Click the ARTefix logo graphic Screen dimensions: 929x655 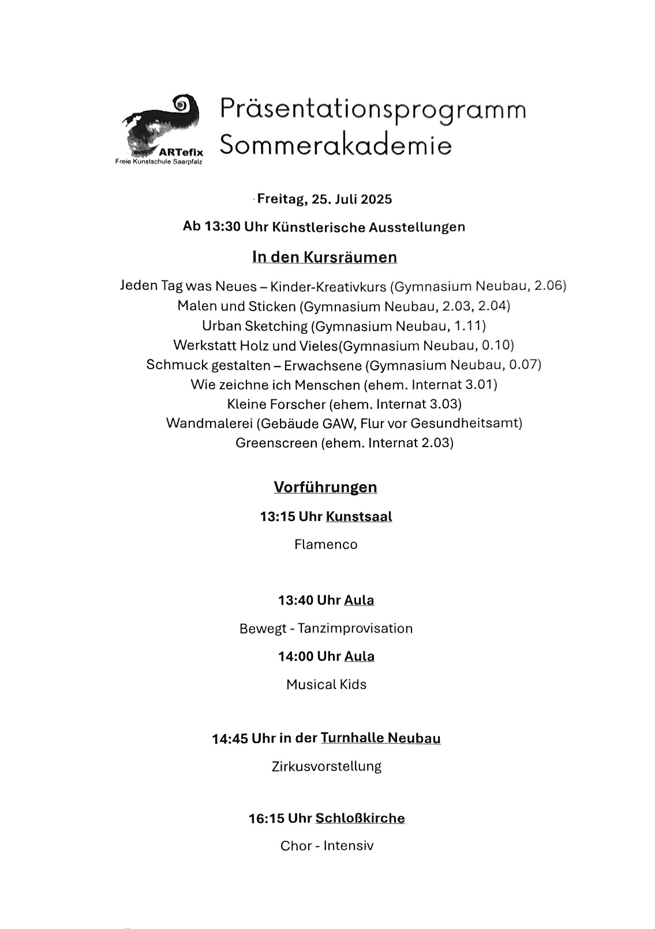(160, 126)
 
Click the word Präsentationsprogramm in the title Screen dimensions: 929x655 (373, 110)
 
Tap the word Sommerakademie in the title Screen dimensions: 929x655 (335, 145)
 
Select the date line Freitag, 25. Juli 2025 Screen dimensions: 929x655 (324, 199)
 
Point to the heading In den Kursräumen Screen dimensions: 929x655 (324, 257)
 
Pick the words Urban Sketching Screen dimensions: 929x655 (254, 326)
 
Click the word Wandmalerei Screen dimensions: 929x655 (209, 423)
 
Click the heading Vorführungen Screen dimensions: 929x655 (325, 487)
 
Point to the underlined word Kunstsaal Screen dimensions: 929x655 (359, 516)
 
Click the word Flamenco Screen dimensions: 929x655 (325, 544)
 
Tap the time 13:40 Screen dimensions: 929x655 (295, 600)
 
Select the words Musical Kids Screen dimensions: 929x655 (326, 684)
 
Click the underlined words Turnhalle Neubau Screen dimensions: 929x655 (380, 738)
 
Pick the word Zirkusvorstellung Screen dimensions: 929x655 (326, 766)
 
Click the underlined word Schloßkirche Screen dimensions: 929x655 (360, 818)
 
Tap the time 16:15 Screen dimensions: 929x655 (266, 818)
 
